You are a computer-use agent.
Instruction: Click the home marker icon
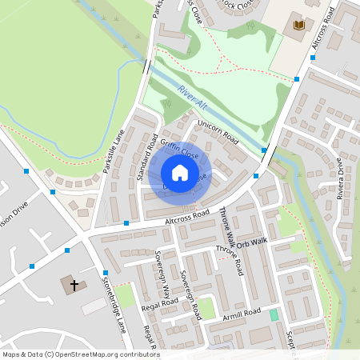point(180,173)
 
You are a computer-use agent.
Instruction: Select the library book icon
point(299,26)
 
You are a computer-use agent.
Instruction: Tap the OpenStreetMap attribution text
point(80,354)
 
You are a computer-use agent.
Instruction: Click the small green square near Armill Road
point(274,315)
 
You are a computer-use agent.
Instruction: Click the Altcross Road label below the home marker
point(186,215)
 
